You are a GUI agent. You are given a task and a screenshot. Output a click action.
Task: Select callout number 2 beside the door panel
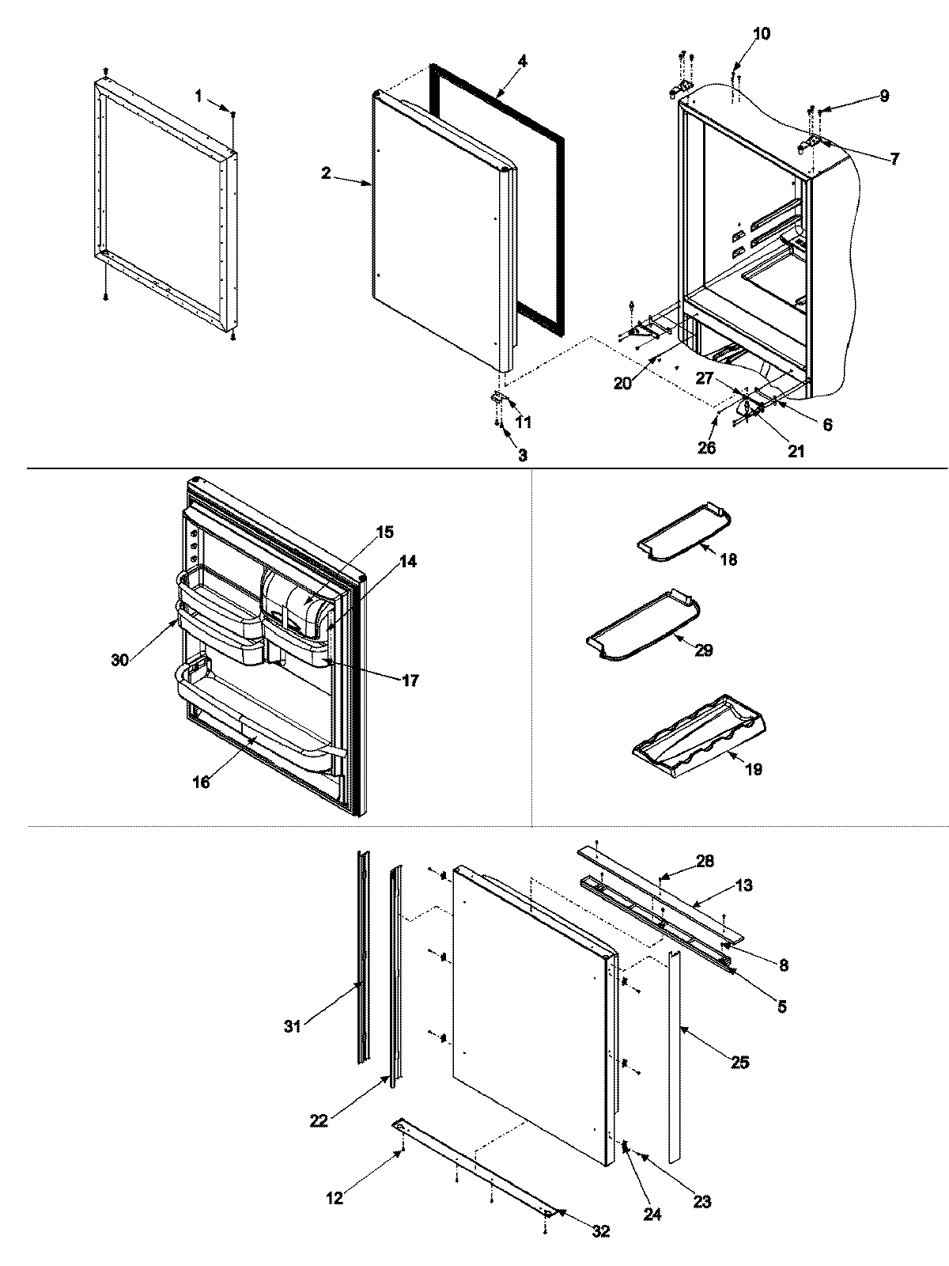326,174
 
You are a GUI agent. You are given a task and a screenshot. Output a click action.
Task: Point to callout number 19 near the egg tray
753,768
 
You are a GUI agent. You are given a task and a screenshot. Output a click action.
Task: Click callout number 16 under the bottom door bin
201,782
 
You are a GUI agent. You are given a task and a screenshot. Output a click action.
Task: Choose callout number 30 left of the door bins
119,660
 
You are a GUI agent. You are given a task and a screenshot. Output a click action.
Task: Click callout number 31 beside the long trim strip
293,1027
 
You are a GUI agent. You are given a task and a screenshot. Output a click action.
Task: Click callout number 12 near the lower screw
335,1198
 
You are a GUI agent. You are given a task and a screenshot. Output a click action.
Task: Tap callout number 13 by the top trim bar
743,885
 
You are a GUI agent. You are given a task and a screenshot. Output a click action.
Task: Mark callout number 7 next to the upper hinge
893,159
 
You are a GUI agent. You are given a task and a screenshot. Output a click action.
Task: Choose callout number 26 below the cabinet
706,447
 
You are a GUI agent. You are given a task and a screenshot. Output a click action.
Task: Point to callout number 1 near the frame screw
198,95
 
